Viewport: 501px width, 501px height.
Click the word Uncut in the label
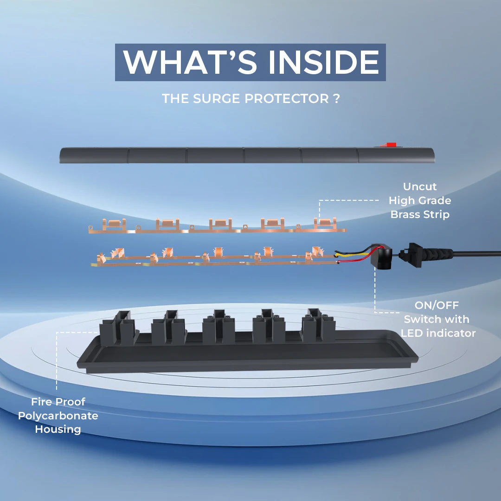(x=420, y=186)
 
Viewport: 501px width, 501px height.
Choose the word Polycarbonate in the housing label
(x=58, y=416)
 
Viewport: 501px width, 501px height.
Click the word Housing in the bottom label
(x=58, y=430)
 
